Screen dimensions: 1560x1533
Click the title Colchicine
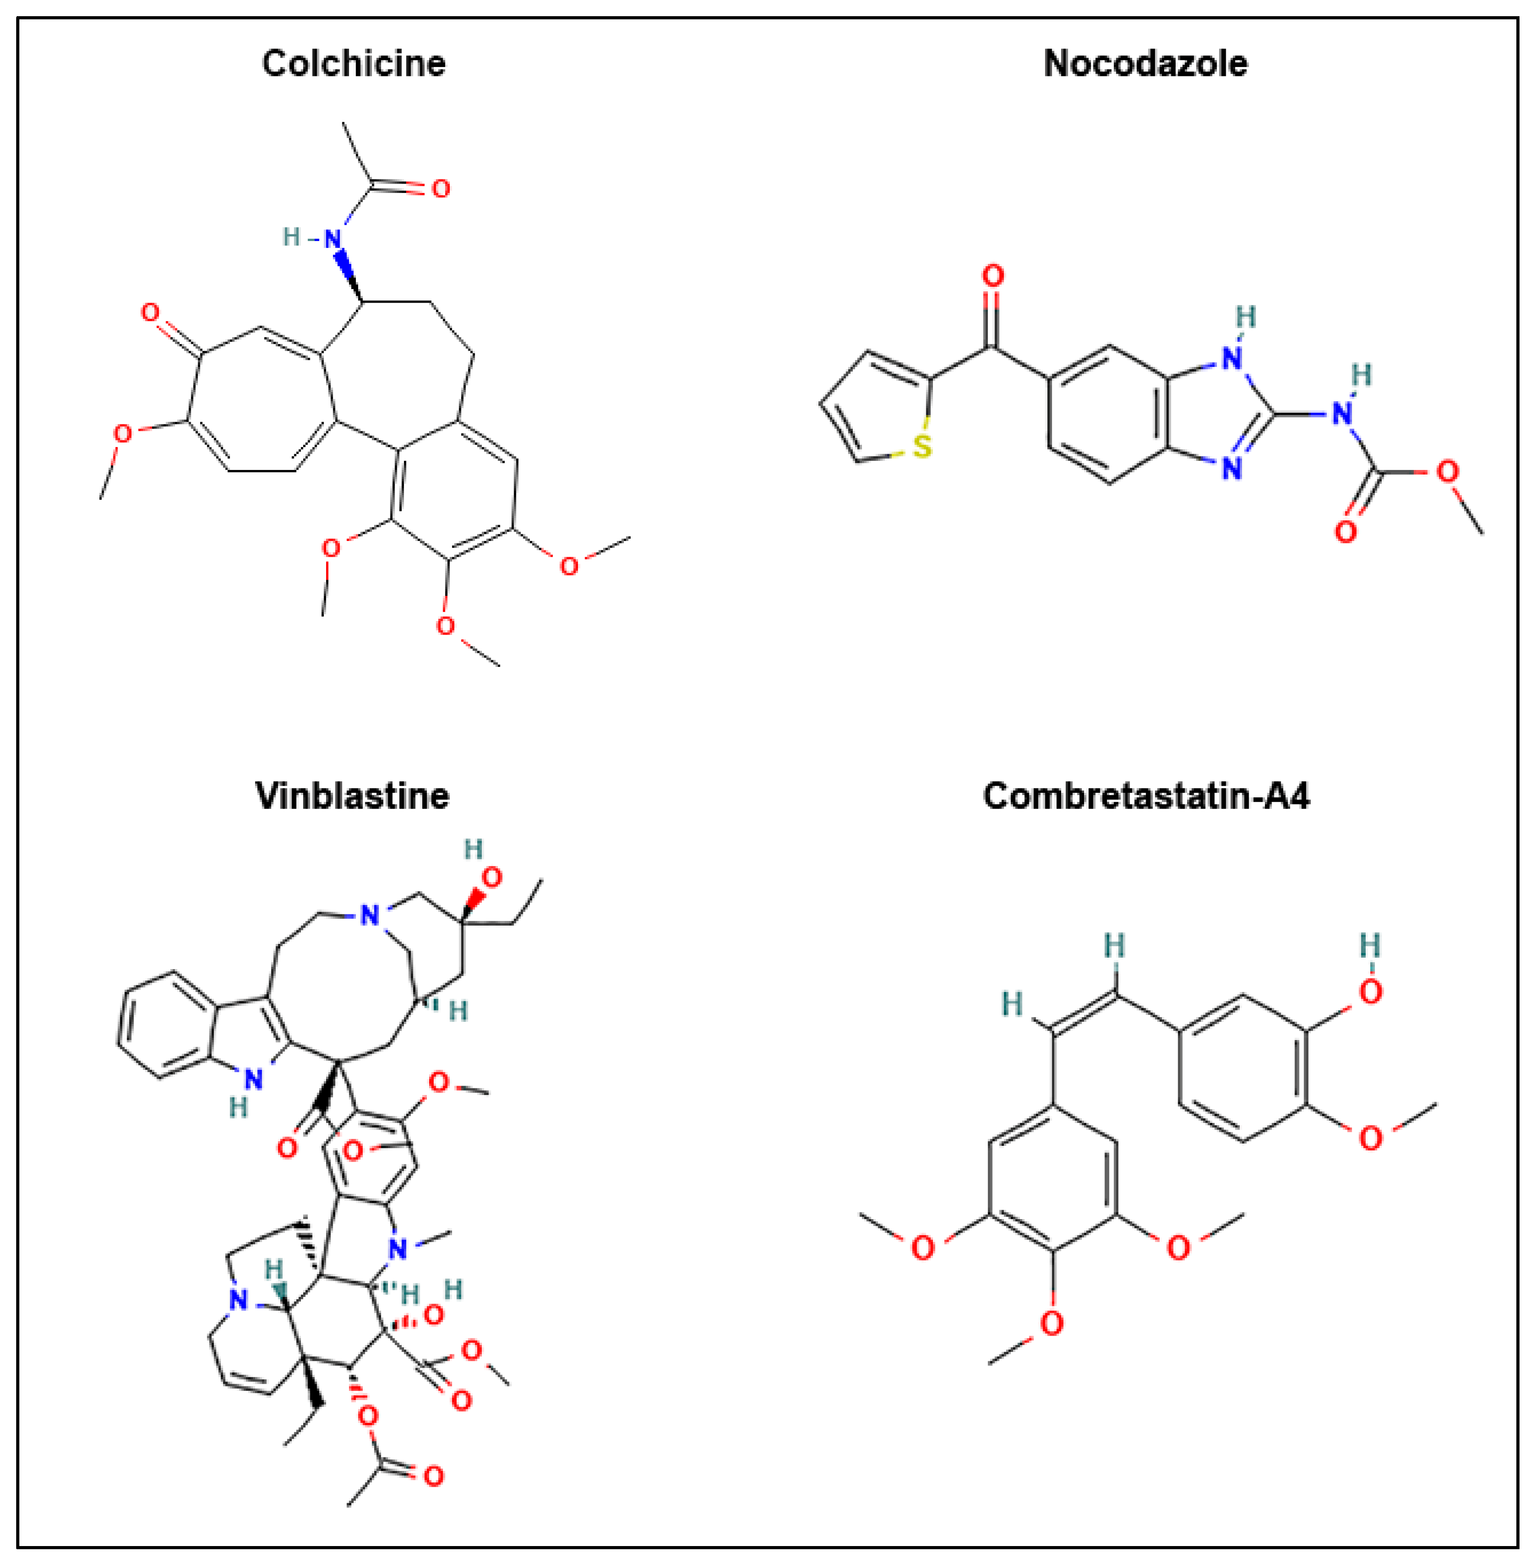[x=354, y=63]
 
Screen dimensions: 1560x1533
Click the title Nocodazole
[x=1145, y=63]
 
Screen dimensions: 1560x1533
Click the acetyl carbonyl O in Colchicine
[x=440, y=189]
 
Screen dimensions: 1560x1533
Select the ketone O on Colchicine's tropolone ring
[x=151, y=313]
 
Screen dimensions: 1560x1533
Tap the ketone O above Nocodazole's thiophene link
[x=993, y=276]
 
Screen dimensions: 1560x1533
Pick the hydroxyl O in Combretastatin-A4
[x=1370, y=991]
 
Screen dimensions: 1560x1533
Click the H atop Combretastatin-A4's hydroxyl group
[x=1370, y=944]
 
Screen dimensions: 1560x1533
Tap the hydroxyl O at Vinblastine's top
[x=490, y=877]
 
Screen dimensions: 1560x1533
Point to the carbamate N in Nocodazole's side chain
[x=1341, y=414]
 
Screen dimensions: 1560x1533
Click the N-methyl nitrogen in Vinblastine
[x=398, y=1249]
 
